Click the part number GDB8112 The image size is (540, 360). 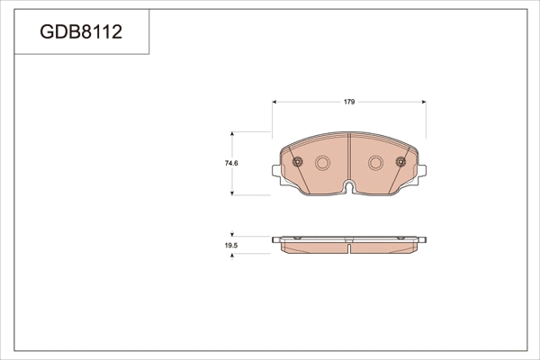point(81,33)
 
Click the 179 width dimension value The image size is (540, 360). point(349,102)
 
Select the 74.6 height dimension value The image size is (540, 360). point(230,163)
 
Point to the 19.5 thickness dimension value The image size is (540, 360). point(230,245)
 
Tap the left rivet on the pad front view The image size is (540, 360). point(297,163)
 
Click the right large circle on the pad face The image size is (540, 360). point(376,163)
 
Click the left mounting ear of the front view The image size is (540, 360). point(278,171)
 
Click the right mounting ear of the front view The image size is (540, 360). point(420,171)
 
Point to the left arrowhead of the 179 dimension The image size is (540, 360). point(274,102)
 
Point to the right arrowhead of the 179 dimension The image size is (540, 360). point(424,102)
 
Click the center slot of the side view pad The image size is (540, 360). point(349,244)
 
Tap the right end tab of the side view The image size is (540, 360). point(422,239)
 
